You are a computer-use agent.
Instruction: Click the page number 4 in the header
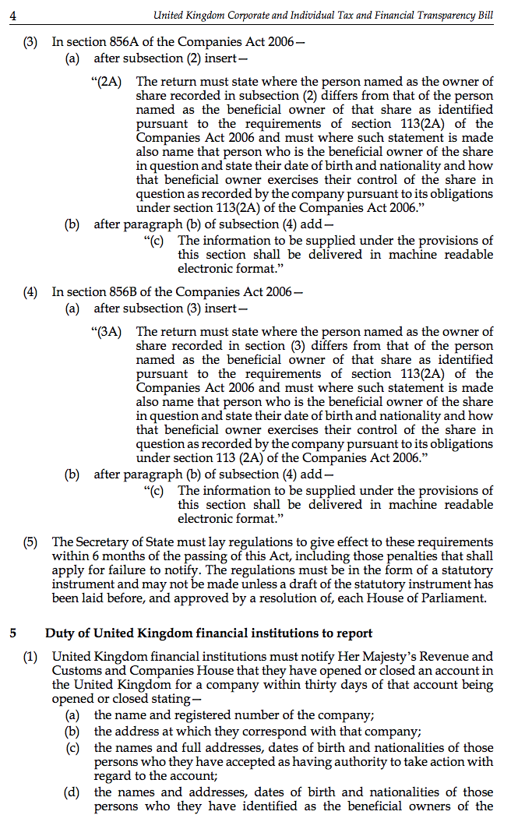(13, 15)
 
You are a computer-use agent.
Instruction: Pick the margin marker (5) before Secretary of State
(30, 541)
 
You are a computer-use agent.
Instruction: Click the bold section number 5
(13, 633)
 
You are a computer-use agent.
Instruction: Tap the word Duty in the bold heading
(59, 633)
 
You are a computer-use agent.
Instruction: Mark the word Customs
(75, 671)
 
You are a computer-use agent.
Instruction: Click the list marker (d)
(72, 792)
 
